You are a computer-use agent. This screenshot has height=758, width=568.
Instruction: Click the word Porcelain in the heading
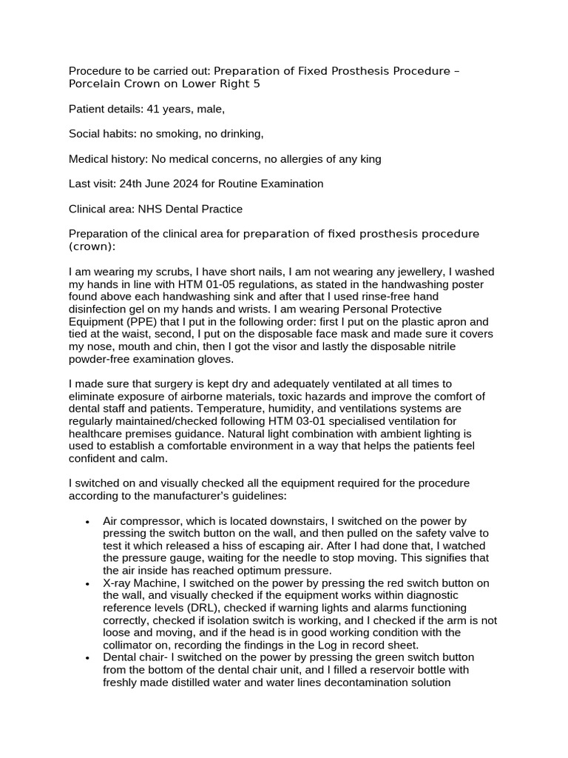point(93,84)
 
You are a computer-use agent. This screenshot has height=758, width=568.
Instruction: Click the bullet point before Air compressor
point(87,521)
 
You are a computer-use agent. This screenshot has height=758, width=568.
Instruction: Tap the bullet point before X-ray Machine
point(87,583)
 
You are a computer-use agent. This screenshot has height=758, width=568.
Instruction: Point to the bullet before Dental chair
point(87,658)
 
